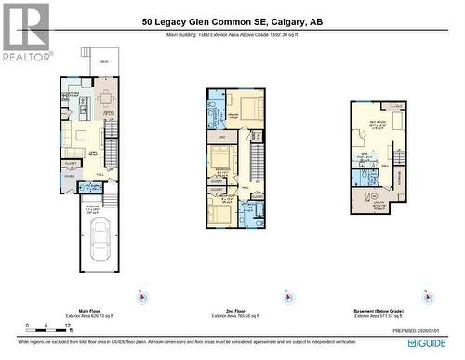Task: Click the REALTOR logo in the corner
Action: (x=25, y=31)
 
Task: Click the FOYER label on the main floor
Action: (x=69, y=176)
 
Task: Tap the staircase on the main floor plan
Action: (x=113, y=149)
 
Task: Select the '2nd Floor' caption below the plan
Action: (x=237, y=312)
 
